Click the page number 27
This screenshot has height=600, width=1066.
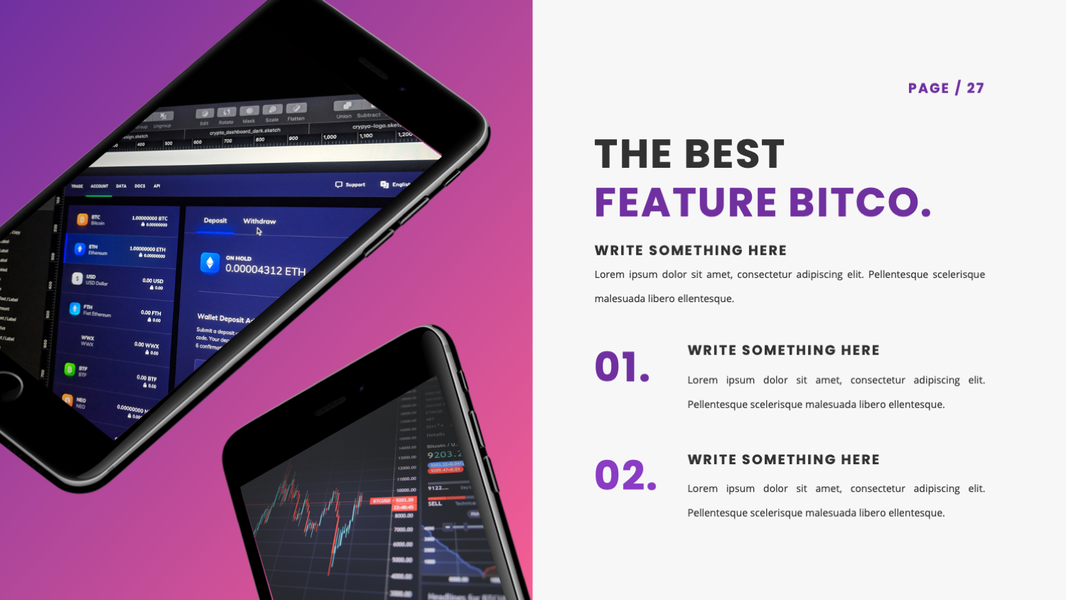click(x=975, y=88)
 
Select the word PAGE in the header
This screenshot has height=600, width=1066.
click(x=928, y=88)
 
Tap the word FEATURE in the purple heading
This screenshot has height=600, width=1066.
click(x=685, y=203)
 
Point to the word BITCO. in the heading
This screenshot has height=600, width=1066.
click(x=859, y=203)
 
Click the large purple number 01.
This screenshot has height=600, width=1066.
click(x=622, y=367)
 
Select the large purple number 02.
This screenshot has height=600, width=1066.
click(x=625, y=476)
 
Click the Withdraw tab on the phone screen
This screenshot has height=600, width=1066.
click(x=259, y=221)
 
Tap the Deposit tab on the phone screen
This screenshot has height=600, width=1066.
click(x=215, y=220)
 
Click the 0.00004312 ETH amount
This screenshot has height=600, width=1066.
click(x=265, y=270)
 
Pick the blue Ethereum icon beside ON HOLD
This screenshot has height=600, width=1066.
click(x=210, y=263)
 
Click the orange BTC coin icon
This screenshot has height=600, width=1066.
click(x=82, y=220)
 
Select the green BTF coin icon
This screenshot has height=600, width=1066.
click(x=70, y=369)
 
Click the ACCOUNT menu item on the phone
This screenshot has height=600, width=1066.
click(x=99, y=186)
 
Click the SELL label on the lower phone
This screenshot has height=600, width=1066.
click(x=435, y=503)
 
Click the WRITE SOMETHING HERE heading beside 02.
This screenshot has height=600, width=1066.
click(x=783, y=460)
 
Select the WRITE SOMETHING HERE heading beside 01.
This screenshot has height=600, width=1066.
click(x=783, y=350)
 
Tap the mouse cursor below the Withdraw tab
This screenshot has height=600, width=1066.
click(x=259, y=231)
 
